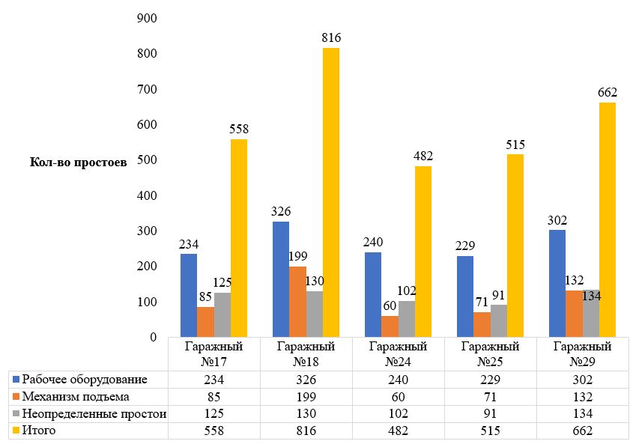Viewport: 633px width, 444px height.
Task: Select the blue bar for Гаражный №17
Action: [188, 295]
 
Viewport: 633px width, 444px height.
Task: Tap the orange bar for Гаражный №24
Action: [389, 326]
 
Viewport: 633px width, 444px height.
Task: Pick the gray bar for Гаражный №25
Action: [497, 320]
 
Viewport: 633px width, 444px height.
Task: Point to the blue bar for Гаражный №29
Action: [557, 283]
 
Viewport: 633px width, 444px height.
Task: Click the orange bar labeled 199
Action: [297, 302]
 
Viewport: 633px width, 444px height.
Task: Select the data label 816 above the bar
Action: [331, 38]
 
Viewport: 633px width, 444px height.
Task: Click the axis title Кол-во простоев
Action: [79, 161]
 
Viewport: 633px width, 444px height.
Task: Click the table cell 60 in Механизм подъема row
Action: [398, 396]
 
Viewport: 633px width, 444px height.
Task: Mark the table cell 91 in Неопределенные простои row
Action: [490, 413]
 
